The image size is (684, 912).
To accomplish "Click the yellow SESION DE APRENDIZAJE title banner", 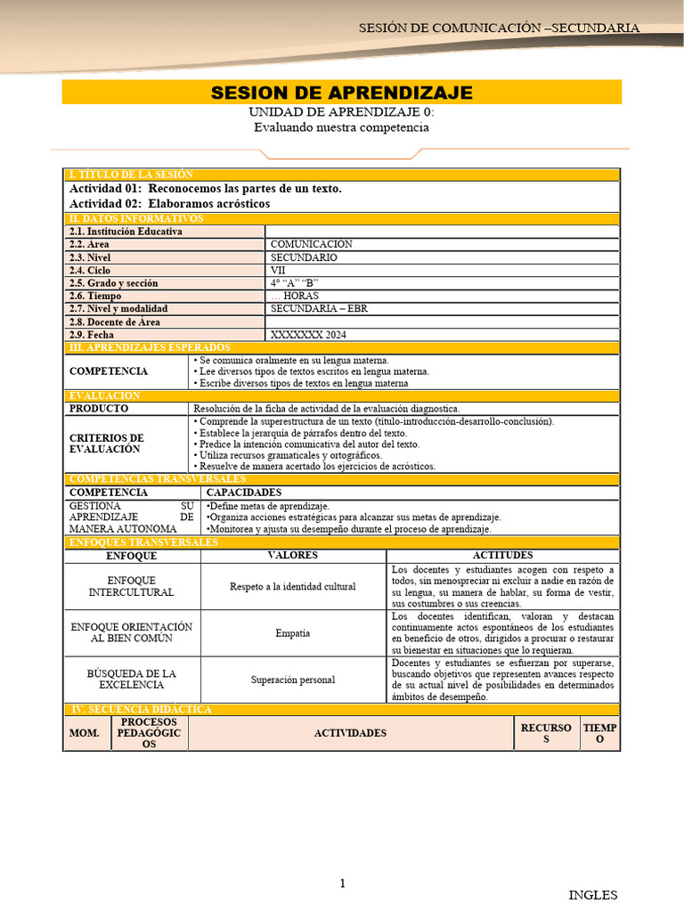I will point(341,93).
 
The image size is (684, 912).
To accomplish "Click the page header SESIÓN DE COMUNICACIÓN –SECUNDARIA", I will point(499,28).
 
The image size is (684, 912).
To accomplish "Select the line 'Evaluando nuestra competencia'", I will point(341,127).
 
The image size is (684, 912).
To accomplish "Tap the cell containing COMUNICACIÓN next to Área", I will point(312,244).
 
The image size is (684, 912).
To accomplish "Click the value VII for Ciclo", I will point(279,270).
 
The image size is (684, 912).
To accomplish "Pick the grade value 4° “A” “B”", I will point(295,283).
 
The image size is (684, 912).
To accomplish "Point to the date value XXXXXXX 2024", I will point(308,335).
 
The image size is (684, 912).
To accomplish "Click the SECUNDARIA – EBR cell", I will point(318,309).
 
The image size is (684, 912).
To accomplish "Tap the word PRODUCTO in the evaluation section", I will point(99,408).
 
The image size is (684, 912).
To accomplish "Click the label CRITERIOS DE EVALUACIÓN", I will point(106,444).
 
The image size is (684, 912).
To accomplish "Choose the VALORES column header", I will point(293,556).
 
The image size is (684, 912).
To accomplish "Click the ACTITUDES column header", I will point(503,556).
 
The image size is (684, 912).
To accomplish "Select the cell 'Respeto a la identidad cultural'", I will point(293,587).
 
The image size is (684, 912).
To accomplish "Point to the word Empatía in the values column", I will point(293,633).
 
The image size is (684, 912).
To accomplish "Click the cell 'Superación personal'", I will point(293,680).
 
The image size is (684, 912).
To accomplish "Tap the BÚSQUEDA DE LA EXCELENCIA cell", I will point(131,680).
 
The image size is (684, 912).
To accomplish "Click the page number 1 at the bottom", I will point(341,883).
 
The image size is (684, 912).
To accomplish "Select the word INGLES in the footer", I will point(592,895).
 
